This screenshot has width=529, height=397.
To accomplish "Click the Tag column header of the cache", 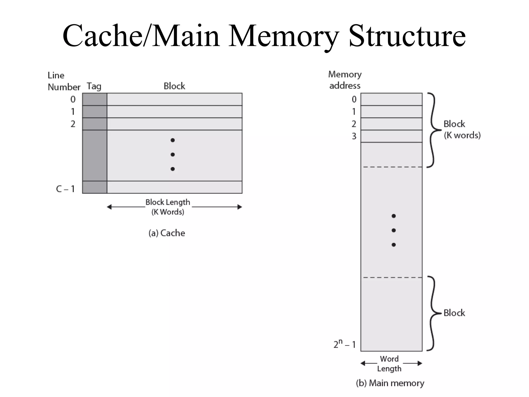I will click(94, 86).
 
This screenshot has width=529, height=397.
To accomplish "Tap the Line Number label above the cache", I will click(64, 81).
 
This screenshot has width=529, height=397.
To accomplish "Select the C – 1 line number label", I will click(65, 189).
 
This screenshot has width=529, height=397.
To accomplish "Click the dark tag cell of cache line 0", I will click(95, 99).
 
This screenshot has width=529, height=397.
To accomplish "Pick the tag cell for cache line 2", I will click(95, 124).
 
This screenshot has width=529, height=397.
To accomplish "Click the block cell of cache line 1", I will click(174, 112).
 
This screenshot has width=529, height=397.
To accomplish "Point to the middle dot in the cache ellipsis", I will click(173, 155).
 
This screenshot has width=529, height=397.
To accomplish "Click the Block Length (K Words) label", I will click(168, 207).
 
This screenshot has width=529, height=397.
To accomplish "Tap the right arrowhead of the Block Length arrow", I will click(240, 207).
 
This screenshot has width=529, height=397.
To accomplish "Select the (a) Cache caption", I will click(167, 233).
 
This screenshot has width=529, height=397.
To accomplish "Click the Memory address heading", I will click(345, 80).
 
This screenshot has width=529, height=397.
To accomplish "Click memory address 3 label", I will click(354, 136).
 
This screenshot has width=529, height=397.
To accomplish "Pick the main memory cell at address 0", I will click(391, 99).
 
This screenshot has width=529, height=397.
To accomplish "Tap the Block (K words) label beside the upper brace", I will click(462, 129).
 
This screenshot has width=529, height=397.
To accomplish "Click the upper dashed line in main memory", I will click(392, 167).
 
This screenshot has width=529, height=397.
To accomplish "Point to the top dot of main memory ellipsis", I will click(393, 216).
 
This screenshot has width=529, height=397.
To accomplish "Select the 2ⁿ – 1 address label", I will click(344, 344).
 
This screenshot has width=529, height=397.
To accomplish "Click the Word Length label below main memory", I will click(389, 363).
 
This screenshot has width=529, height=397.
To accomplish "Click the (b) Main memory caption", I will click(390, 383).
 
